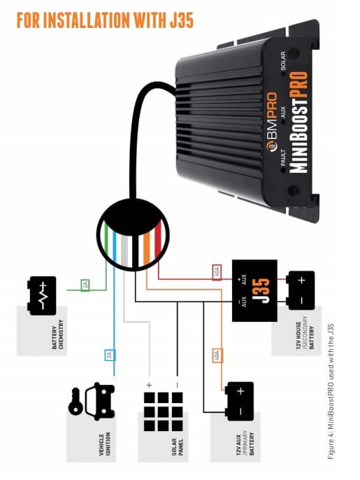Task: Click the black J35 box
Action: [x=254, y=290]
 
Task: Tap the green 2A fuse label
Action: [x=85, y=285]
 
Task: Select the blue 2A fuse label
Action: [x=110, y=355]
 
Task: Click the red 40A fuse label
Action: [x=217, y=271]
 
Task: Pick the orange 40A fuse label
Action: [x=217, y=355]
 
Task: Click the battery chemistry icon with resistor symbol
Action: [x=42, y=296]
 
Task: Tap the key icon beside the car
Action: [x=75, y=402]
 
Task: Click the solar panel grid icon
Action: [x=163, y=411]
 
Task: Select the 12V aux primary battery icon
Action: [x=239, y=402]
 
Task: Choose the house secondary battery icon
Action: [x=301, y=290]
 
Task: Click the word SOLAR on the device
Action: [x=283, y=61]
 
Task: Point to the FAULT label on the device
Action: [x=283, y=157]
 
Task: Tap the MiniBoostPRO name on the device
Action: [x=298, y=122]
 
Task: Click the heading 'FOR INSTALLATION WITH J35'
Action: [x=106, y=20]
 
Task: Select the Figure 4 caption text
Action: [x=331, y=392]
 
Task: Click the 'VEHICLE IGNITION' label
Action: [x=105, y=444]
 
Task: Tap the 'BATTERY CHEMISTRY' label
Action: [x=57, y=334]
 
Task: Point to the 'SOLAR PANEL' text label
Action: [x=178, y=447]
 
